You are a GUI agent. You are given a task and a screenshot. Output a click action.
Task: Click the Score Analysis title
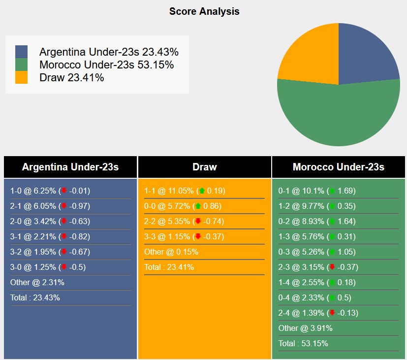tap(204, 11)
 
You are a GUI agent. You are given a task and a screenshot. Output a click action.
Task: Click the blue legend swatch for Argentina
tap(22, 52)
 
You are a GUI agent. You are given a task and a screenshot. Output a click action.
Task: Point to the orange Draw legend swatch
tap(22, 77)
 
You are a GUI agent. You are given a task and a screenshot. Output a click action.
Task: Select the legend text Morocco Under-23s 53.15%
tap(106, 65)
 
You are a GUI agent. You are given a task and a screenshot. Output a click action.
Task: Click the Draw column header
tap(204, 167)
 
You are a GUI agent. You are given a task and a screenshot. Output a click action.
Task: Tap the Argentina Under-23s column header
tap(70, 167)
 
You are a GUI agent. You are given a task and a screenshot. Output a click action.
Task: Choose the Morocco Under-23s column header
tap(338, 167)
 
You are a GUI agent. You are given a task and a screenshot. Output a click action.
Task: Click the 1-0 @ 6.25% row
tap(50, 191)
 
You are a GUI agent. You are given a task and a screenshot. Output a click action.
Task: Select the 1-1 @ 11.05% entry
tap(184, 191)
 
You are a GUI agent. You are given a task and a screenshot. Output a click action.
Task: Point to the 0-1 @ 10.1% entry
tap(316, 191)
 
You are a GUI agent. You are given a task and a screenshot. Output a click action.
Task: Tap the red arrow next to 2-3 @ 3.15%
tap(332, 267)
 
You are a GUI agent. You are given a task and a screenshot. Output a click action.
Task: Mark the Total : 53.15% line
tap(303, 343)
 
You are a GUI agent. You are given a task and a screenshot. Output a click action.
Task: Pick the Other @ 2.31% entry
tap(37, 283)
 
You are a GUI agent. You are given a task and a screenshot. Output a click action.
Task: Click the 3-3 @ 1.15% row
tap(184, 237)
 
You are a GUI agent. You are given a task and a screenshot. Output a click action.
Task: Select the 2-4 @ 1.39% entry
tap(318, 313)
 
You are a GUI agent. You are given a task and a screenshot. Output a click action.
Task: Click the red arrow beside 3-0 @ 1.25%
tap(63, 267)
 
